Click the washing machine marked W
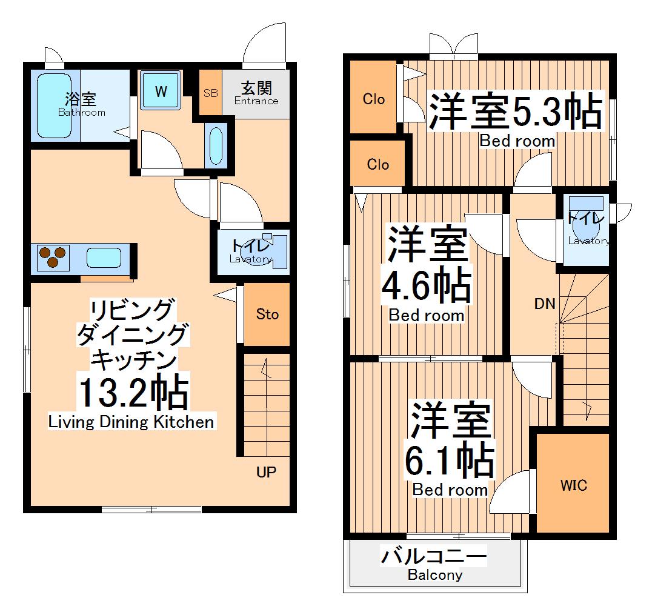click(x=161, y=91)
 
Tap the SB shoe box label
click(x=210, y=93)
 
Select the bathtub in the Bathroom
click(x=55, y=106)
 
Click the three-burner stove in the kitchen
click(x=52, y=258)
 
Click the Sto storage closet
click(x=267, y=314)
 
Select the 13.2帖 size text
click(x=131, y=394)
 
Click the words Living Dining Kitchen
click(x=131, y=422)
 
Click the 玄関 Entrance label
click(x=256, y=93)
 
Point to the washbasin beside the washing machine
click(x=216, y=145)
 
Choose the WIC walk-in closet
click(x=573, y=485)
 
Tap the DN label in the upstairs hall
click(x=544, y=304)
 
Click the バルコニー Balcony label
click(x=434, y=564)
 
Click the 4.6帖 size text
click(x=426, y=286)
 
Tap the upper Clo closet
click(x=374, y=98)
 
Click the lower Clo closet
click(x=377, y=164)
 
